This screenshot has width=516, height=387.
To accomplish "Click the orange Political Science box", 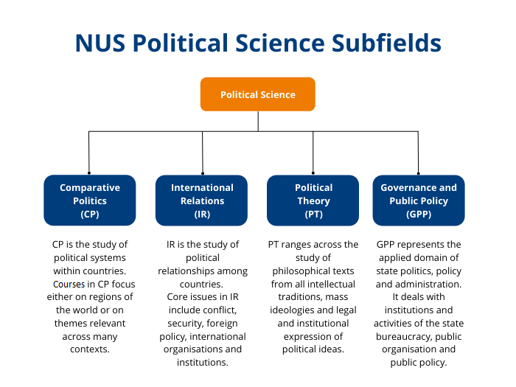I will coord(258,94).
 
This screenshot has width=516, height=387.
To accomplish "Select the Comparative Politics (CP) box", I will coord(89,200).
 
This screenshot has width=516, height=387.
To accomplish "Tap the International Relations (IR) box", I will coord(202,200).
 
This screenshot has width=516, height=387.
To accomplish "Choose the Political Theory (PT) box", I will coord(313,200).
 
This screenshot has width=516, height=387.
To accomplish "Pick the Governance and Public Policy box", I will coord(419,200).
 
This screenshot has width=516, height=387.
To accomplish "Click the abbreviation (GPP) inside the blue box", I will coord(419,214).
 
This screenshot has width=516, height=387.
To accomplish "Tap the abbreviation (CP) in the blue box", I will coord(89,214).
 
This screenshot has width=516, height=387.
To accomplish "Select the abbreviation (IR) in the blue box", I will coord(202,214).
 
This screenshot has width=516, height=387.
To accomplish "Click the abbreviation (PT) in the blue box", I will coord(313,214).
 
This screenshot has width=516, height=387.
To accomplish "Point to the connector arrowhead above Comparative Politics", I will coord(89,172).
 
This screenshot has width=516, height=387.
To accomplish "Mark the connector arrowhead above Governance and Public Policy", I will coord(419,172).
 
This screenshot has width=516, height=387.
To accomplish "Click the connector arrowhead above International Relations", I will coord(202,172).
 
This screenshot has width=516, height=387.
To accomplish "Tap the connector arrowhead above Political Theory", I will coord(313,172).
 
